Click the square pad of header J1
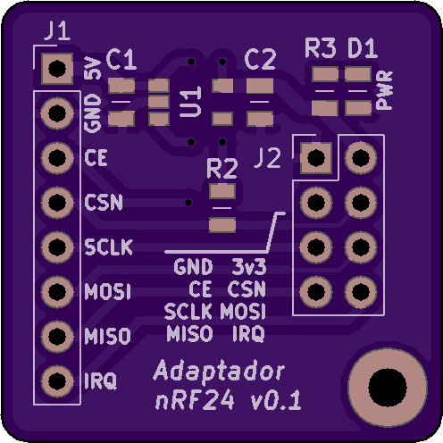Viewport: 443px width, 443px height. click(57, 69)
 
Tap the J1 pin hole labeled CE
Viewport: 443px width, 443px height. click(57, 157)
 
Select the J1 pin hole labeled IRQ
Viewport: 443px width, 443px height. click(57, 380)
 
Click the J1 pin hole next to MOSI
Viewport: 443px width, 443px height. click(57, 291)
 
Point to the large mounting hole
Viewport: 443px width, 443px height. click(388, 388)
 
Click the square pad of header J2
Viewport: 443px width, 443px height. click(316, 157)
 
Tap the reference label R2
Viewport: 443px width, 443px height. click(222, 168)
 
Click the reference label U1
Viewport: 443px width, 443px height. click(191, 102)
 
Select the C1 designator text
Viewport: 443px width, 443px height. click(121, 60)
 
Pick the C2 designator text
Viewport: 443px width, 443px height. click(260, 60)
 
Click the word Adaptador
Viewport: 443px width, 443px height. click(220, 371)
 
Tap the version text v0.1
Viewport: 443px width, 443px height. click(276, 400)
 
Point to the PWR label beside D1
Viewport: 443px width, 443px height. click(384, 90)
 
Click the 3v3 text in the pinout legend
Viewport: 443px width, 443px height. click(249, 267)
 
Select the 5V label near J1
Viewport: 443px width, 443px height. click(93, 68)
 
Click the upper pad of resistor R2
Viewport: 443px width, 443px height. click(222, 191)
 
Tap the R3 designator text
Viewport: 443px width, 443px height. click(321, 48)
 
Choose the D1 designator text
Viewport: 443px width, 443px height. click(363, 48)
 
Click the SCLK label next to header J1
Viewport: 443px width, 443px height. click(108, 247)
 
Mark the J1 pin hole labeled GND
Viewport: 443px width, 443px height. click(57, 113)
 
